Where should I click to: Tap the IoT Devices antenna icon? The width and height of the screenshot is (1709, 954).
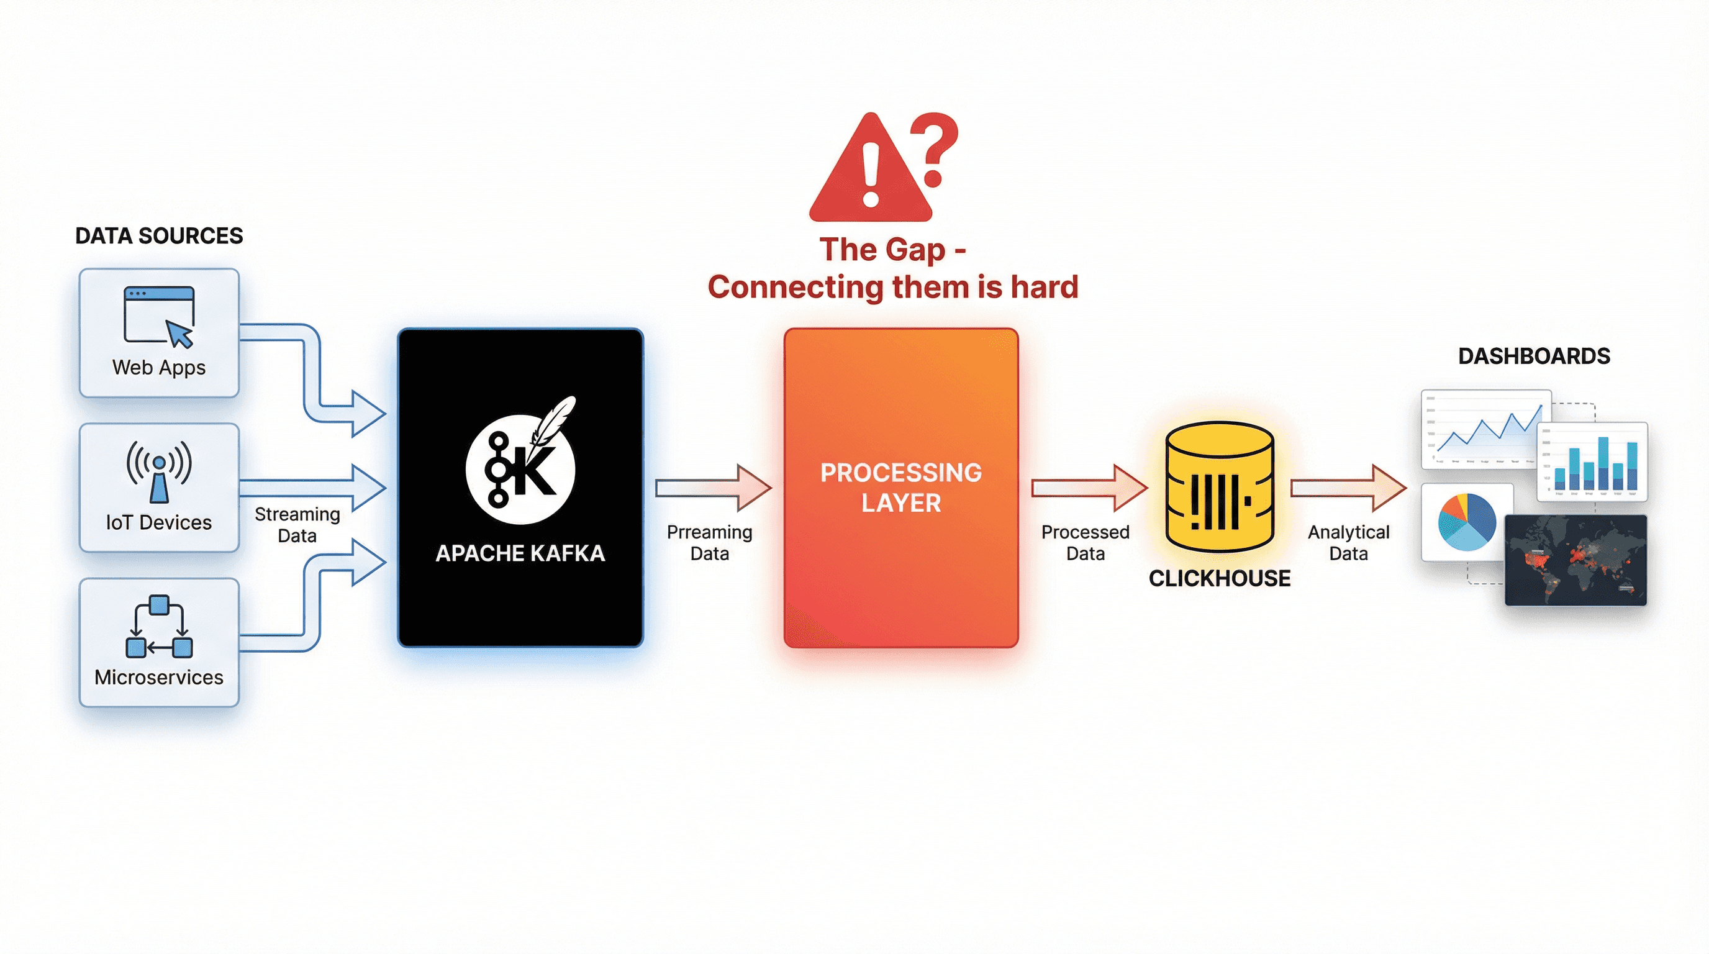click(159, 471)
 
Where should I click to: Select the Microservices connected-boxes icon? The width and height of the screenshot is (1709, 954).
click(158, 626)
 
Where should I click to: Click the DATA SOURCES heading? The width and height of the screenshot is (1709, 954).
click(158, 235)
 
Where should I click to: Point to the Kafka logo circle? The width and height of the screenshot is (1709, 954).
click(520, 468)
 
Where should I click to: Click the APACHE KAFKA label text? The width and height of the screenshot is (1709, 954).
click(520, 553)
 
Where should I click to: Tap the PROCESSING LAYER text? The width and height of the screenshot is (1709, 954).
click(900, 487)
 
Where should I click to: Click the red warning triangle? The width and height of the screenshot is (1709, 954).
click(870, 173)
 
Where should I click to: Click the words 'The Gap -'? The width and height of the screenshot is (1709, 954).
click(892, 250)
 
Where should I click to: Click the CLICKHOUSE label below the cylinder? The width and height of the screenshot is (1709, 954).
click(1220, 578)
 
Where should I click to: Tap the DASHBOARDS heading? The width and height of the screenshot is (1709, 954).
click(1534, 356)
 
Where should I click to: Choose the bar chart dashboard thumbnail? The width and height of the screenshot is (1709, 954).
click(1592, 461)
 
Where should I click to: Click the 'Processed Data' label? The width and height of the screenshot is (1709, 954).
click(1085, 542)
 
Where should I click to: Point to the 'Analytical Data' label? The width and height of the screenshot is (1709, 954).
click(1348, 542)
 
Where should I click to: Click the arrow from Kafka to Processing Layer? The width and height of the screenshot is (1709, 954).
click(713, 488)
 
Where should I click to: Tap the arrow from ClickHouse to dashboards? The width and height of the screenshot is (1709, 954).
click(1348, 488)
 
